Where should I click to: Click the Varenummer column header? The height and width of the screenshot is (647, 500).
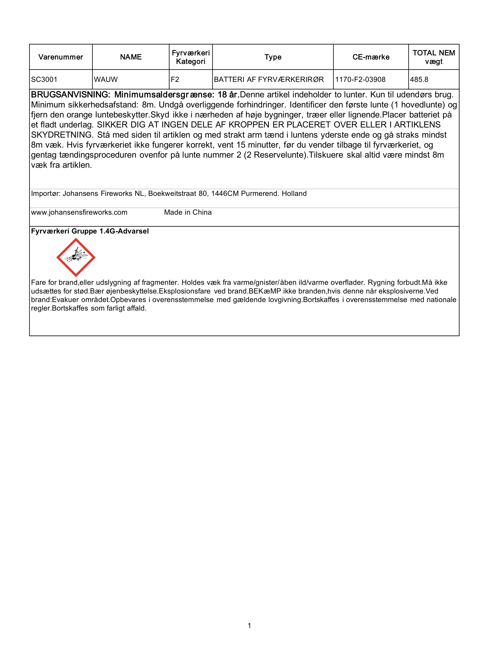tap(61, 57)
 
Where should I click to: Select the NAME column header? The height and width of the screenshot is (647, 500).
tap(131, 57)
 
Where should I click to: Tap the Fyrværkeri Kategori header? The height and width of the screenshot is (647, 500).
tap(191, 57)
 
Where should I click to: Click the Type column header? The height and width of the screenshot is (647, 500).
tap(273, 57)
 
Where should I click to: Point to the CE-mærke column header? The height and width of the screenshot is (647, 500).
tap(371, 57)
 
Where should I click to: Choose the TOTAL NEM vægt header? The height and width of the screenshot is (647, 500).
tap(434, 57)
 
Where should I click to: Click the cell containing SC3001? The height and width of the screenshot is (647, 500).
tap(44, 80)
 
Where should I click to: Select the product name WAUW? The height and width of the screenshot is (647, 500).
tap(106, 80)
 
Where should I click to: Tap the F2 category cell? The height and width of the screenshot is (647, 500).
tap(175, 80)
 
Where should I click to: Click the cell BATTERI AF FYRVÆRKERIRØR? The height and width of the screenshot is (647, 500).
tap(269, 80)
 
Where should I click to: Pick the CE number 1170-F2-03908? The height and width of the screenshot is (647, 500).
tap(360, 80)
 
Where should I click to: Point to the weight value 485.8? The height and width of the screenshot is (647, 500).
tap(419, 80)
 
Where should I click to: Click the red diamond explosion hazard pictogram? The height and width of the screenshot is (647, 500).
tap(76, 257)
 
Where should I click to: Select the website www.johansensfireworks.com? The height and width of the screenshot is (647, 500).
tap(79, 212)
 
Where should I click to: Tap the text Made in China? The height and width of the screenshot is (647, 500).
tap(188, 212)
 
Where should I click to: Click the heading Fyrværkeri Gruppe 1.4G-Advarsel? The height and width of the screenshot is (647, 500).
tap(90, 231)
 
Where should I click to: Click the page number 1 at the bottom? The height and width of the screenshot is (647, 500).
tap(249, 626)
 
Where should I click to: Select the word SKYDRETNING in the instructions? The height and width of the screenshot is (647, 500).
tap(62, 135)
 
